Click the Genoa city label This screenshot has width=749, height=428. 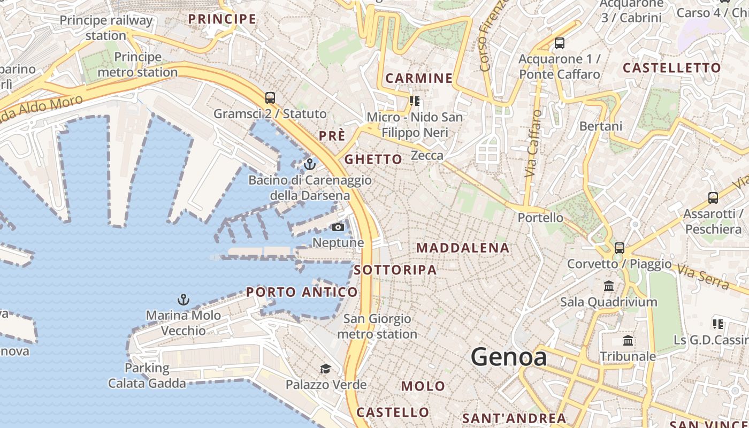pos(509,357)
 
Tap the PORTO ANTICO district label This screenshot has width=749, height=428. pos(302,292)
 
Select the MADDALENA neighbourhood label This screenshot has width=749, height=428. pos(463,248)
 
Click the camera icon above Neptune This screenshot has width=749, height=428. pos(338,227)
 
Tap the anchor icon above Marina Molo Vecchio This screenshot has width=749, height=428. pos(184,300)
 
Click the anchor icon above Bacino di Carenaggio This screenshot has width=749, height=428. pos(309,164)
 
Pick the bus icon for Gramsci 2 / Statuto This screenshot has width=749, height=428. pos(270,98)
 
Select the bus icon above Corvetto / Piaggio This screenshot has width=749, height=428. pos(619,248)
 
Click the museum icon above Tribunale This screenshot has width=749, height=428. pos(628,341)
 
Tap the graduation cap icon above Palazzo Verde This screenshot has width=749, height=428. pos(325,369)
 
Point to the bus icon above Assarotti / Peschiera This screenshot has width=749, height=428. pos(713,198)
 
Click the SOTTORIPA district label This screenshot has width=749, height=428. pos(395,270)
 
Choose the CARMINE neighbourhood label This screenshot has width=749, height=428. pos(419,78)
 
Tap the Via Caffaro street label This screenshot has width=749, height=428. pos(533,143)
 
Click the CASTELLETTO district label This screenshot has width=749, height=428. pos(672,68)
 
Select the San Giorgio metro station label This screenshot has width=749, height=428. pos(377,326)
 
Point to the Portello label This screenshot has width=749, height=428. pos(540,218)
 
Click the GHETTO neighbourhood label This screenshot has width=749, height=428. pos(373,159)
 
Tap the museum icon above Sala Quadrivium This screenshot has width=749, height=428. pos(609,286)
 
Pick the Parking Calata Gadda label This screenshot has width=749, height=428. pos(147,376)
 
